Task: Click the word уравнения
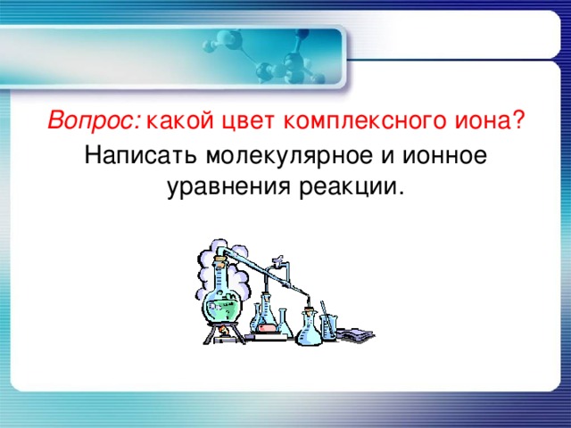point(219,188)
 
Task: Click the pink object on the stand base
point(269,329)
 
